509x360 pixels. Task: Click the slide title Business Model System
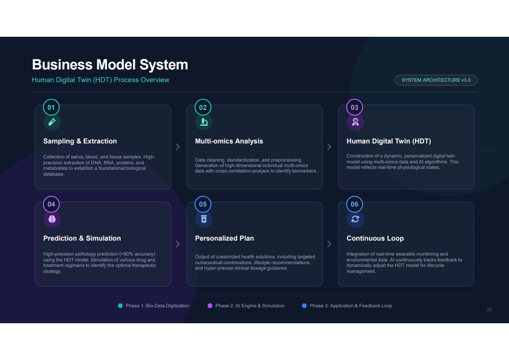(x=110, y=64)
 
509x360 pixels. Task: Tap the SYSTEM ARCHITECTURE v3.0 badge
(x=436, y=80)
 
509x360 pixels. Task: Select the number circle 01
(x=51, y=107)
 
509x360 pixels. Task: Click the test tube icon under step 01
(x=52, y=122)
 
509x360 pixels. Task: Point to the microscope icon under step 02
(x=204, y=122)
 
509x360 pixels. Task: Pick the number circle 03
(x=354, y=107)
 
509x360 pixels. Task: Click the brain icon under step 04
(x=52, y=219)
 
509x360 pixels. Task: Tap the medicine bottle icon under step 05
(x=204, y=219)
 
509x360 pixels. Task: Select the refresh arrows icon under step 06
(x=355, y=219)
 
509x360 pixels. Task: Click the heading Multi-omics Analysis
(x=229, y=141)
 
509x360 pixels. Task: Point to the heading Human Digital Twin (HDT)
(x=389, y=141)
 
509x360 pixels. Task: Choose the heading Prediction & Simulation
(x=82, y=238)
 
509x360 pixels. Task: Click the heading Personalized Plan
(x=224, y=238)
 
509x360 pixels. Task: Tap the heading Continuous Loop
(x=375, y=238)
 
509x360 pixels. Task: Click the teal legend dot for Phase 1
(x=120, y=306)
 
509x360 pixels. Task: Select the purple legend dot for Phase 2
(x=210, y=306)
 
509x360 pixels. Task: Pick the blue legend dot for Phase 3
(x=304, y=306)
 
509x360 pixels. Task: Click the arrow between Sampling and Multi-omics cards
(x=178, y=147)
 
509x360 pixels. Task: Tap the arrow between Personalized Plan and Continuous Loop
(x=329, y=244)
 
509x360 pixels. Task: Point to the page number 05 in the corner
(x=489, y=310)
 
